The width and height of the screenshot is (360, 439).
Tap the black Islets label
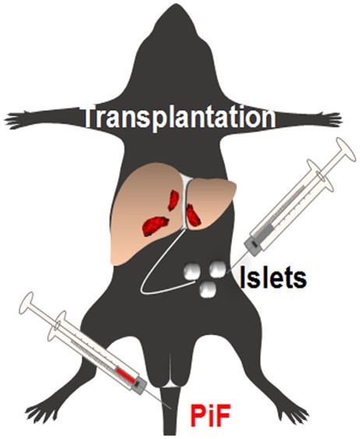[273, 278]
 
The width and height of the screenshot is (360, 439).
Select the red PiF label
[210, 418]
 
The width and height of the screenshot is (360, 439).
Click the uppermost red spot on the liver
[174, 200]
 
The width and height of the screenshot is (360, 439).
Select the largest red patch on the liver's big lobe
[155, 225]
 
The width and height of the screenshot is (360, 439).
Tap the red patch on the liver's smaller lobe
[193, 215]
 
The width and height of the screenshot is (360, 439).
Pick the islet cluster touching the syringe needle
[218, 269]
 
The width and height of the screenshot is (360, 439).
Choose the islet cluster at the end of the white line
[192, 271]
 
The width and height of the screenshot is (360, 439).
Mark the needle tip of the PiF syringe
[171, 409]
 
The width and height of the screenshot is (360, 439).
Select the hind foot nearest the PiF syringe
[42, 413]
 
